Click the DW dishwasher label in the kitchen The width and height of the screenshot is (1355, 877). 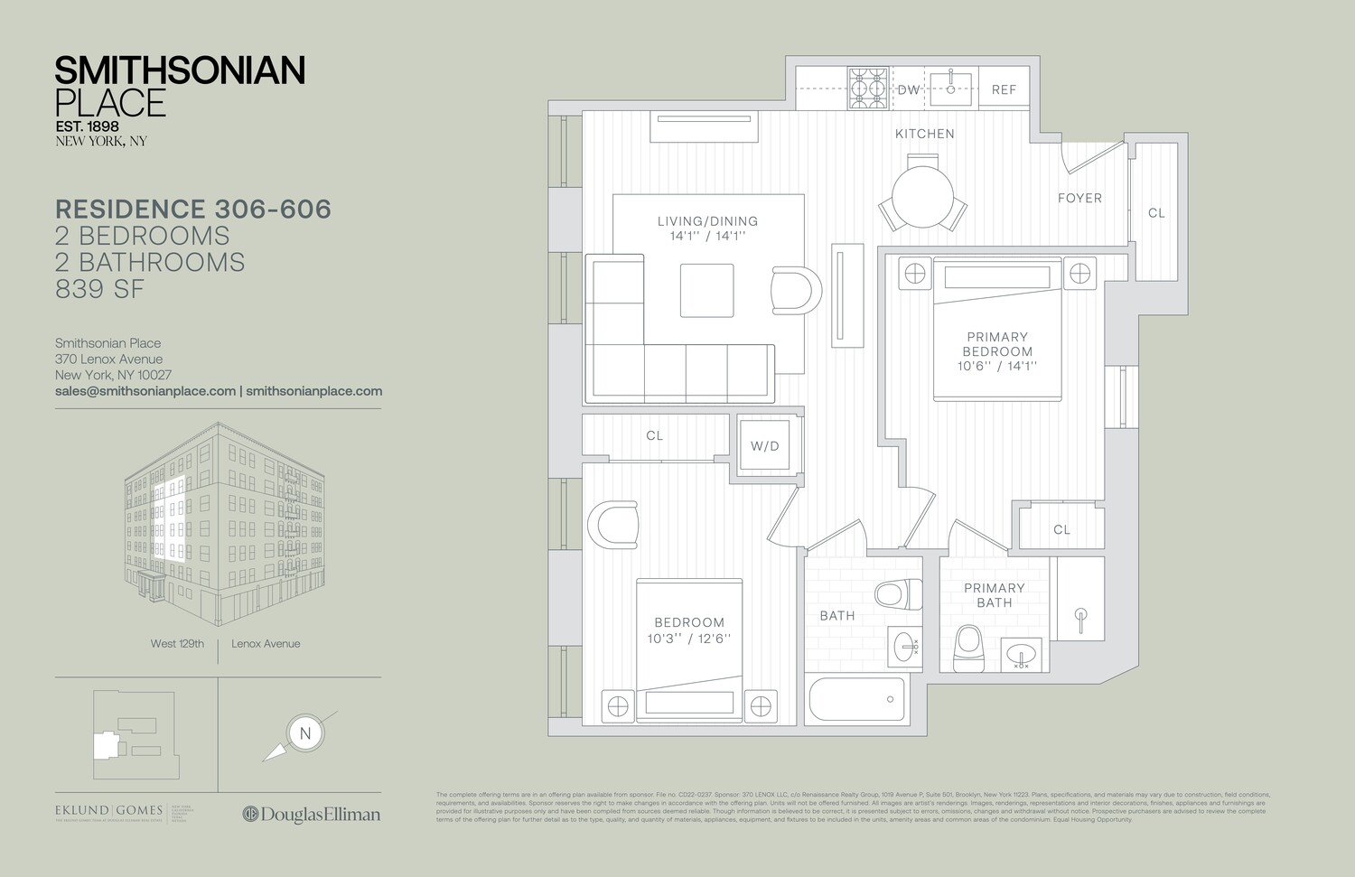[x=908, y=89]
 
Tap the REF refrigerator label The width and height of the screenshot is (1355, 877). [x=1004, y=89]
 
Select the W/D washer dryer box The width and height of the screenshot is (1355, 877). [x=764, y=446]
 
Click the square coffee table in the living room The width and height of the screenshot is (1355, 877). [x=706, y=290]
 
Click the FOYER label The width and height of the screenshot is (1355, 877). [x=1079, y=198]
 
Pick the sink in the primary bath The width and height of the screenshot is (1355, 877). [x=1022, y=653]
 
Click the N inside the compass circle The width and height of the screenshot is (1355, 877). [x=305, y=733]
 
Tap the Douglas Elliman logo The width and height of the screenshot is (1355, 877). [x=312, y=814]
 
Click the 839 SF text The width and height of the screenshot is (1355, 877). [x=100, y=289]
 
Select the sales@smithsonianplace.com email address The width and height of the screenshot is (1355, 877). [x=145, y=391]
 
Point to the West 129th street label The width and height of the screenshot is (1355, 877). [x=177, y=644]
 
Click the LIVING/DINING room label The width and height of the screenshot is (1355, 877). [x=707, y=221]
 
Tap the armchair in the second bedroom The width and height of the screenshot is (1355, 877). [x=613, y=524]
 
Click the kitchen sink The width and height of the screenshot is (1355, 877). [x=950, y=89]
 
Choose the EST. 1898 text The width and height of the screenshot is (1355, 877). [x=87, y=126]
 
